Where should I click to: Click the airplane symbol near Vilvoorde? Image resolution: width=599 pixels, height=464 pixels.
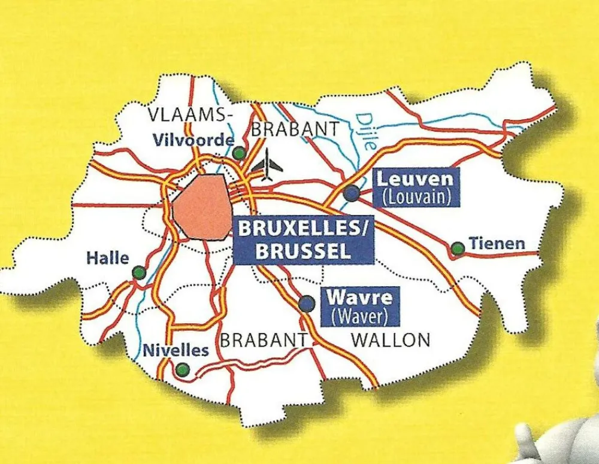tap(267, 164)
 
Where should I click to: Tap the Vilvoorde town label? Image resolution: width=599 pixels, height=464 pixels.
tap(193, 140)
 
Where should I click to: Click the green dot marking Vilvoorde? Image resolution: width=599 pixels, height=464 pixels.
tap(239, 153)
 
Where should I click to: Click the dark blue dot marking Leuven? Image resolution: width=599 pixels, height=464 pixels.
tap(352, 193)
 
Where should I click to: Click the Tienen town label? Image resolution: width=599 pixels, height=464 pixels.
tap(497, 244)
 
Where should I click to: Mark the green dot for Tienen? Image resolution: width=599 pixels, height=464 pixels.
tap(458, 248)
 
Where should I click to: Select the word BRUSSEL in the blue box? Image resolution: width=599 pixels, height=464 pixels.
tap(303, 251)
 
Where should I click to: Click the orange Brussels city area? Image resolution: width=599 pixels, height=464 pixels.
tap(201, 207)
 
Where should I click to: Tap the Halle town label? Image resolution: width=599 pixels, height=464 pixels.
tap(108, 259)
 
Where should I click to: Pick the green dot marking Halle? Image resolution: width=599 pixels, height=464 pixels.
tap(139, 273)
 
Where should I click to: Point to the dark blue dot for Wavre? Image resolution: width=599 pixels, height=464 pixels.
tap(307, 304)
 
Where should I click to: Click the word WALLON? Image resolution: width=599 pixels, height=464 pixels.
tap(391, 340)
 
